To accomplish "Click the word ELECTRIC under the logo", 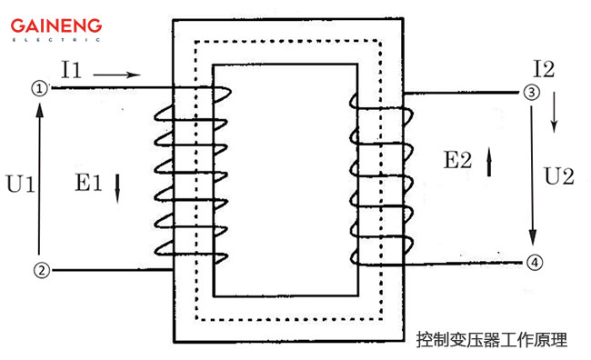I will [56, 40].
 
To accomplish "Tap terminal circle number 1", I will [39, 88].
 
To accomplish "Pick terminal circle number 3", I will [531, 92].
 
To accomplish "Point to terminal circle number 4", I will [535, 262].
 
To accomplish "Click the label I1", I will [73, 70].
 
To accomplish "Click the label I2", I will [544, 67].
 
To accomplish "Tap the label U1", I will [19, 185].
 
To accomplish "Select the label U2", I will [557, 177].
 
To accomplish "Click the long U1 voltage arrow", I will [39, 178].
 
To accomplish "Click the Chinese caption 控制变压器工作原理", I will [491, 340].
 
